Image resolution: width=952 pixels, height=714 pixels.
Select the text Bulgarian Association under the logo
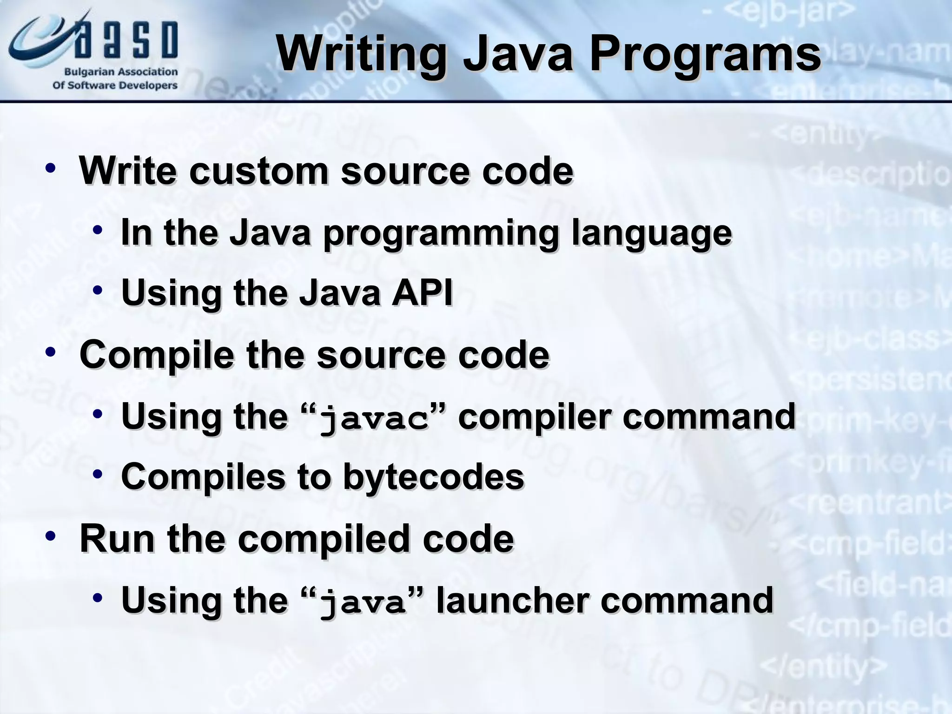tap(120, 72)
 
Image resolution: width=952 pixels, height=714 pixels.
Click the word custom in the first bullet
tap(258, 171)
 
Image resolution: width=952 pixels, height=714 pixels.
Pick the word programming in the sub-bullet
tap(440, 233)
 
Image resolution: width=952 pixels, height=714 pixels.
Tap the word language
tap(652, 233)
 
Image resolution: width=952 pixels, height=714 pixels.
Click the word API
tap(422, 293)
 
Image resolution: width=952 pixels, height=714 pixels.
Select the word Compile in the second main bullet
tap(157, 355)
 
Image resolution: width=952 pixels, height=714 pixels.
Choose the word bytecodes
tap(433, 476)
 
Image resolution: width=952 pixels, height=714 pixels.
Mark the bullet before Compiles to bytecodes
tap(97, 474)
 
